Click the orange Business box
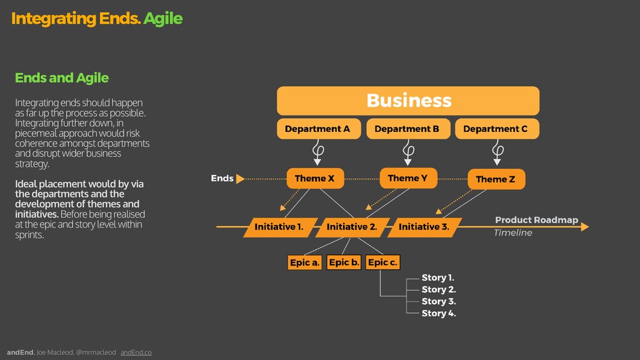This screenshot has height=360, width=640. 408,101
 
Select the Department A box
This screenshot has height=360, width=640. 318,129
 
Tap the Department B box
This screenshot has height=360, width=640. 407,129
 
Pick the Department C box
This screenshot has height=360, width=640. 496,129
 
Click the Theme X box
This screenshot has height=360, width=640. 314,179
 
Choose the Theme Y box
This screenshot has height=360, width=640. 408,178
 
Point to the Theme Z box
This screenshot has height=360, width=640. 496,179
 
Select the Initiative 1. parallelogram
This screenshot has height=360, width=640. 279,227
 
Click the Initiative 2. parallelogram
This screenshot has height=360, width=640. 352,227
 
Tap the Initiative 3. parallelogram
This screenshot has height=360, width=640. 424,227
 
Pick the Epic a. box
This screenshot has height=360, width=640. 305,262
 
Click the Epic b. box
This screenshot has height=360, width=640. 344,262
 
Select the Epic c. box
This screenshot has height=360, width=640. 382,262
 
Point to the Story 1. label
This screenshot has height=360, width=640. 438,277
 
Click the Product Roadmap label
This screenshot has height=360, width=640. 536,220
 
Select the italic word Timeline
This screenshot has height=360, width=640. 512,233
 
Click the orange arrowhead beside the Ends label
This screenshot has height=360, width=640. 241,179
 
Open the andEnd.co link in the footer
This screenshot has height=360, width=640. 136,352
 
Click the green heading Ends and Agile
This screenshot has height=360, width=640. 62,78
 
